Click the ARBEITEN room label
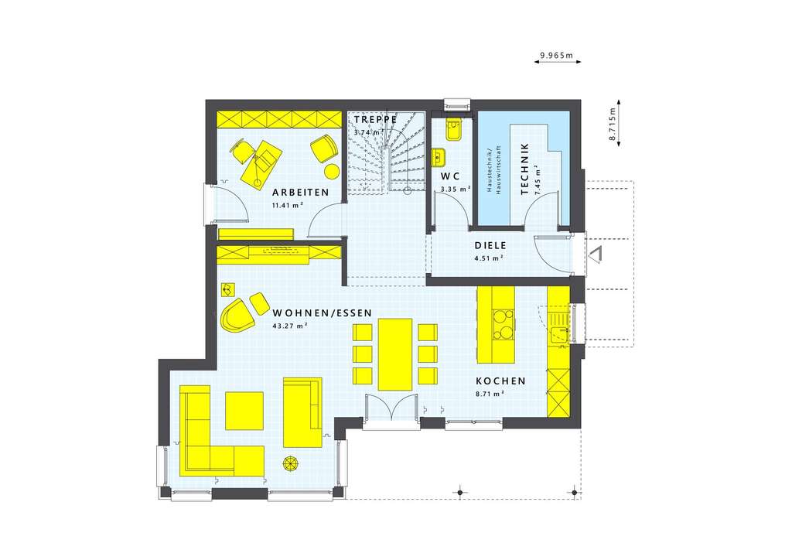300,192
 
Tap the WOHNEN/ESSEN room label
322,313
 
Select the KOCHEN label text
500,381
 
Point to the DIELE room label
490,246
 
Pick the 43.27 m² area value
290,326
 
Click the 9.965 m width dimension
557,56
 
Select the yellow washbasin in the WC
439,157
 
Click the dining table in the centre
394,353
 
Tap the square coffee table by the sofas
244,410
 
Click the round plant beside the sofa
291,463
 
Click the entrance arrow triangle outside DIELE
596,254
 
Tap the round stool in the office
332,171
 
